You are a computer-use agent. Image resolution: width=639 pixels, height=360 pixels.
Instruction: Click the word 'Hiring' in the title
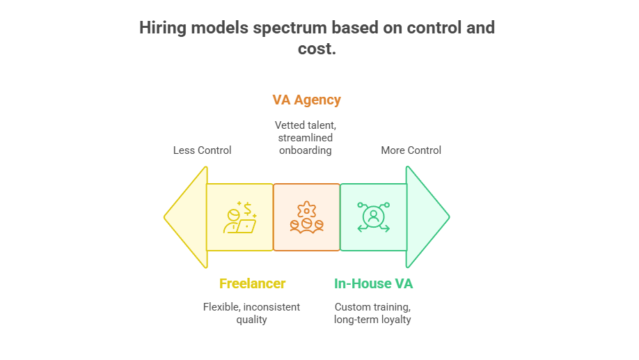(x=163, y=28)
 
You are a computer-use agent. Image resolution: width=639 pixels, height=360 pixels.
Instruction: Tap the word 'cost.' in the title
(x=317, y=49)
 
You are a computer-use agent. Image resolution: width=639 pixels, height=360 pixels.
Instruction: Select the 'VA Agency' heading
(x=306, y=100)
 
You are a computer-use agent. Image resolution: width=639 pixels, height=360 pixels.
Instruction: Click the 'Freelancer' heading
(x=252, y=283)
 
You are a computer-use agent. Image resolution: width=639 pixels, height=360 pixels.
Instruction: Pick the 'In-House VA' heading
(x=373, y=283)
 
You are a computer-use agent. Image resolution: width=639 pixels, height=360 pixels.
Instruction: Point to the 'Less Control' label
(x=202, y=150)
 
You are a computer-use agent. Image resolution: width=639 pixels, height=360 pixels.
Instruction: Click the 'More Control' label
(x=411, y=150)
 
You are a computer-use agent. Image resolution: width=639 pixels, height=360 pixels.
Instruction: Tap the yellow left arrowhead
(x=186, y=217)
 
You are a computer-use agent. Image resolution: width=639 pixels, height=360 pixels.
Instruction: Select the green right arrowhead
(x=428, y=217)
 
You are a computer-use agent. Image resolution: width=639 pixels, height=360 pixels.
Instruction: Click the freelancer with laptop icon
(x=239, y=217)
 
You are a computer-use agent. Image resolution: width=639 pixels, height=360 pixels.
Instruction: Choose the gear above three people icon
(x=306, y=217)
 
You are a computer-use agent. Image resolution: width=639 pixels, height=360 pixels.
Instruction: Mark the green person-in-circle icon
(x=373, y=217)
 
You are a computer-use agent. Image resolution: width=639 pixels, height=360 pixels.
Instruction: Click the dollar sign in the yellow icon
(x=247, y=208)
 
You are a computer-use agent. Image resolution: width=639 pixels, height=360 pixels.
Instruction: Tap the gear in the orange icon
(x=306, y=210)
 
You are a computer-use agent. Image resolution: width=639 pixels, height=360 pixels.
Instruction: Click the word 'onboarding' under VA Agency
(x=306, y=150)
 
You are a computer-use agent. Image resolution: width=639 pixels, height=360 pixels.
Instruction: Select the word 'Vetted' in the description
(x=287, y=125)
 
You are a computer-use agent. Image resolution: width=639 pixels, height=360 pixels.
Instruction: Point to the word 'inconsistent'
(x=271, y=307)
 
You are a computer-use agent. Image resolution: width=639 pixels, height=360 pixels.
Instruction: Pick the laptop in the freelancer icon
(x=246, y=226)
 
